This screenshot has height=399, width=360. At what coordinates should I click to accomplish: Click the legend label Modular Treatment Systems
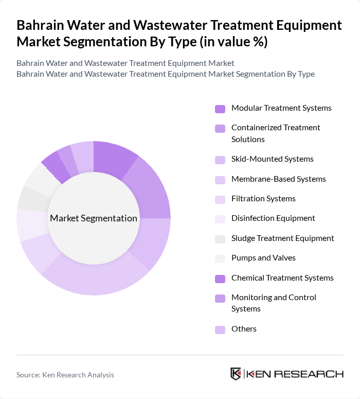281,108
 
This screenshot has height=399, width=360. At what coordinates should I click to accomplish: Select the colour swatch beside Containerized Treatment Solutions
220,129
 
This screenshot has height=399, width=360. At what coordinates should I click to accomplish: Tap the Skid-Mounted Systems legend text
272,159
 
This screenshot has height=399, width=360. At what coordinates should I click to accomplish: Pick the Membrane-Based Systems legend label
278,179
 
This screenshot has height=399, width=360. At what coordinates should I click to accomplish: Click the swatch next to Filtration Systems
220,199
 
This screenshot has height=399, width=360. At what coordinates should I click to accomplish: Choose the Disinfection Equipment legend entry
273,218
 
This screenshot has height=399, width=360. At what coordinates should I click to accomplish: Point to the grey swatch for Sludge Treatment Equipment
220,239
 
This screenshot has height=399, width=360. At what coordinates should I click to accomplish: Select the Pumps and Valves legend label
263,258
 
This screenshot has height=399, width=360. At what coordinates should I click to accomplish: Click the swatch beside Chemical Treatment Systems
220,279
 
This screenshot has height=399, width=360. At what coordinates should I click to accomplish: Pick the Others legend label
244,329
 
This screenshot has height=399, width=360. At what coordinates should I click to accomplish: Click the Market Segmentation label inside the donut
94,218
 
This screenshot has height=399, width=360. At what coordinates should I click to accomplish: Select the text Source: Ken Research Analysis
65,375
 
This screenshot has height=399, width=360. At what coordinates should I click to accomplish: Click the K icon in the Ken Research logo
236,374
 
